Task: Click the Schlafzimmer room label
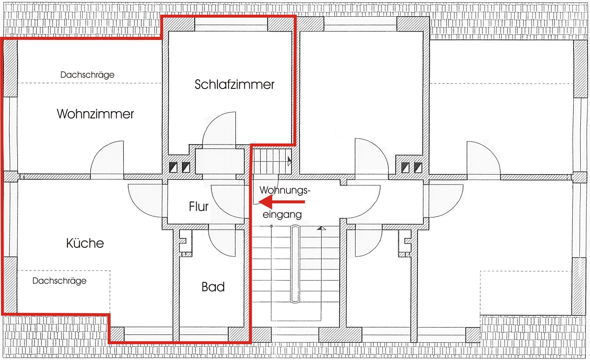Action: click(x=235, y=85)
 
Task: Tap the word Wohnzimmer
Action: click(x=95, y=114)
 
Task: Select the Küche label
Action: click(x=85, y=243)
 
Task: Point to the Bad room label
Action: click(x=213, y=287)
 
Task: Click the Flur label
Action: click(x=199, y=207)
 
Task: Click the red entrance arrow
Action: click(x=282, y=202)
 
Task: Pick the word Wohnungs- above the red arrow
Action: click(x=285, y=190)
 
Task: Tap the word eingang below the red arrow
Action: click(x=282, y=215)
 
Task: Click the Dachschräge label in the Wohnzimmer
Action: click(x=88, y=75)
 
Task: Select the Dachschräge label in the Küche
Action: click(x=59, y=281)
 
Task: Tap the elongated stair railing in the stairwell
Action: click(x=295, y=264)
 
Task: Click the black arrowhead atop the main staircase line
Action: click(x=321, y=228)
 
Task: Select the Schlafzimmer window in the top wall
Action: click(x=231, y=25)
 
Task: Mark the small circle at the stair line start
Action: click(x=271, y=226)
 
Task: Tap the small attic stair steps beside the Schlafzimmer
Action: click(x=272, y=161)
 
